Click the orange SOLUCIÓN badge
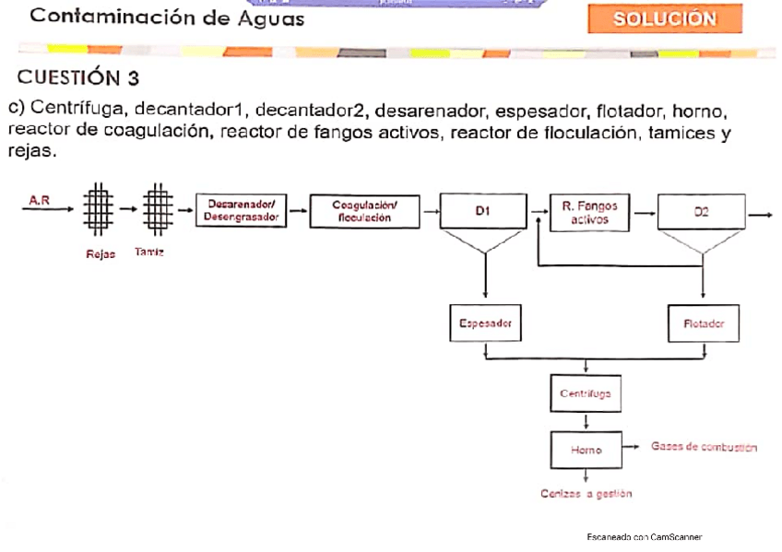coord(664,19)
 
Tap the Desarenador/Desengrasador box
coord(242,211)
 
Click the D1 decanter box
coord(481,211)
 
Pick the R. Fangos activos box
coord(590,213)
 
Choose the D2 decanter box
coord(701,212)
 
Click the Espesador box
coord(485,323)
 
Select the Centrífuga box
coord(586,393)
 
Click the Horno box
coord(586,450)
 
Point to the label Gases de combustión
coord(704,447)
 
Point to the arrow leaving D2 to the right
coord(761,214)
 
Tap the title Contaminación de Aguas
coord(154,18)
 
